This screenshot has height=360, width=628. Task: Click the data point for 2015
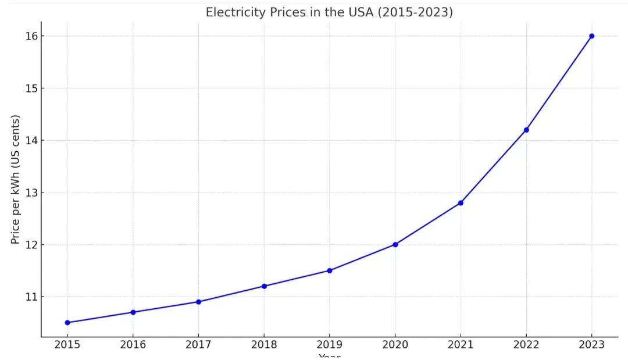click(67, 323)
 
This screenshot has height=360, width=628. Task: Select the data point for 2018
click(264, 286)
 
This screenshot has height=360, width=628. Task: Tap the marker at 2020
click(395, 244)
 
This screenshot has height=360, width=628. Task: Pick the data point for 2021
click(461, 203)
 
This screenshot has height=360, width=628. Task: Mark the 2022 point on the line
click(526, 130)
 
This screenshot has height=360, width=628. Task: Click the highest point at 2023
click(592, 36)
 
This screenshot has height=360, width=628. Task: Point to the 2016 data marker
click(133, 312)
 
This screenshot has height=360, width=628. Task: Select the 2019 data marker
click(330, 270)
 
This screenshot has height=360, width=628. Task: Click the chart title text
click(329, 12)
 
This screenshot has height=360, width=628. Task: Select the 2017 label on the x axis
click(198, 345)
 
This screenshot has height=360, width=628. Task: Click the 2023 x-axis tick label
click(592, 345)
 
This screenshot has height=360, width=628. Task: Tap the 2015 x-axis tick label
click(67, 345)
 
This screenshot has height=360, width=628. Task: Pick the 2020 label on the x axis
click(395, 345)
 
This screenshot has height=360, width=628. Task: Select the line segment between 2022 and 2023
click(559, 83)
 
